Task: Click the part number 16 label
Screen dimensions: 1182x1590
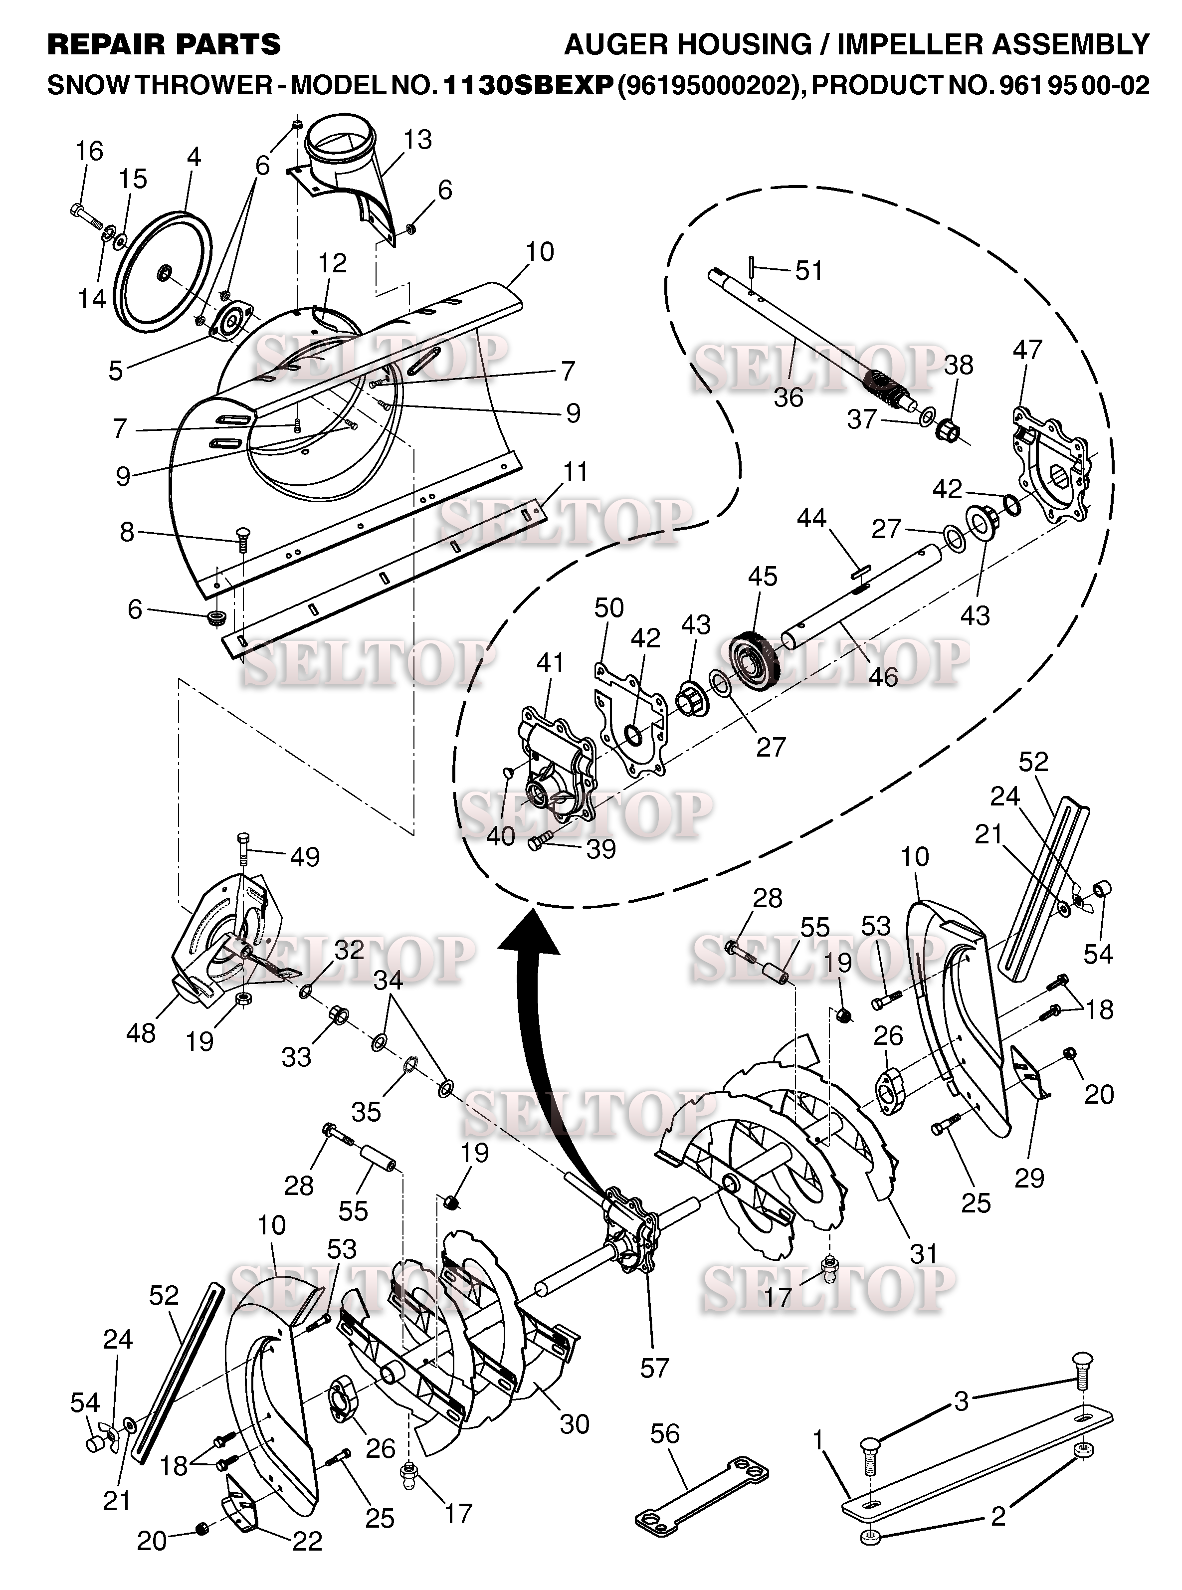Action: tap(89, 151)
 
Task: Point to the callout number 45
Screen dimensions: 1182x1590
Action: tap(763, 577)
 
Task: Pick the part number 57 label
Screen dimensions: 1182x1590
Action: tap(655, 1368)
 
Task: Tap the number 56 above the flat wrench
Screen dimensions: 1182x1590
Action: tap(665, 1433)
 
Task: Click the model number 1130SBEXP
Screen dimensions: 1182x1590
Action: tap(529, 86)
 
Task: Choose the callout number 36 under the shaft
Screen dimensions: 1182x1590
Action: tap(788, 398)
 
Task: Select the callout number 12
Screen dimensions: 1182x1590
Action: tap(333, 263)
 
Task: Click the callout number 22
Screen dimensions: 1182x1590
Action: tap(308, 1541)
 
